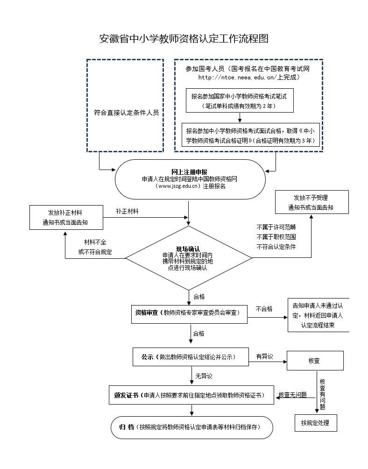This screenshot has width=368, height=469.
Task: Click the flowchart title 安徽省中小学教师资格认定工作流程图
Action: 184,38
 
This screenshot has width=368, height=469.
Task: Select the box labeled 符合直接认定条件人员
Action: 126,112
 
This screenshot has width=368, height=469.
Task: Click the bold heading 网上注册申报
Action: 189,172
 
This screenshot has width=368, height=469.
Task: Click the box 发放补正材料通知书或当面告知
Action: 65,218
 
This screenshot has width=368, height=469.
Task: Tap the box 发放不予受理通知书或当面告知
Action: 311,202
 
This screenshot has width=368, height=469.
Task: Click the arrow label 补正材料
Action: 127,211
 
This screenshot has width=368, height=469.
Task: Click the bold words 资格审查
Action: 146,313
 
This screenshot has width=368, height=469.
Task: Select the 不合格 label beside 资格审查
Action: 264,309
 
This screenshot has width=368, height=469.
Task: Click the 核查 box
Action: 314,361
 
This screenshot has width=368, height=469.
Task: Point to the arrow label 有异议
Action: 264,357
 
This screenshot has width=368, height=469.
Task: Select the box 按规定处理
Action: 315,423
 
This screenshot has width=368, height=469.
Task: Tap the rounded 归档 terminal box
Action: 192,427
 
